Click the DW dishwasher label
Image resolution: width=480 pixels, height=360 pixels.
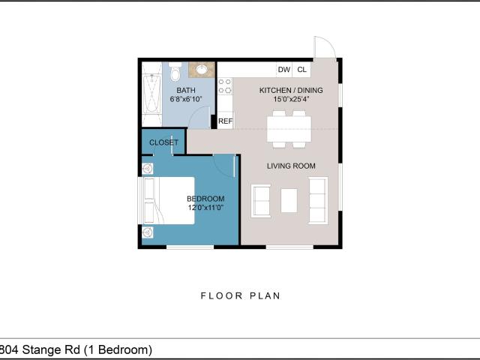tap(283, 70)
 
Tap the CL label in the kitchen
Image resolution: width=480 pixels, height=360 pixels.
tap(301, 70)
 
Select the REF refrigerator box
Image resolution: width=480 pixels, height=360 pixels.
tap(225, 121)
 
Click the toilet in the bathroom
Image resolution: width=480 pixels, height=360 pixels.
tap(175, 72)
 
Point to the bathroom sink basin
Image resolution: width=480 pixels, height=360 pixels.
tap(202, 70)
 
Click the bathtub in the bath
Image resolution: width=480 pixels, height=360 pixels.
tap(151, 94)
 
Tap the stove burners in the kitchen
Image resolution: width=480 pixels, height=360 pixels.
tap(225, 86)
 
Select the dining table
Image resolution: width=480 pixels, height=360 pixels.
tap(289, 129)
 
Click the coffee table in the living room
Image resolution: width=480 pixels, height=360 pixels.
tap(289, 200)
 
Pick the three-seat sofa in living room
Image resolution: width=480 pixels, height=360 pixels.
tap(318, 200)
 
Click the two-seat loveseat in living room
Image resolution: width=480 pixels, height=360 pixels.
tap(261, 201)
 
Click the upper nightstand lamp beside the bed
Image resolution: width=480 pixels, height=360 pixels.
tap(148, 169)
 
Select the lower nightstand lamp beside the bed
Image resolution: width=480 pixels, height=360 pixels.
tap(148, 232)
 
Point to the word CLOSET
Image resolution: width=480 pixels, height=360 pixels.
tap(163, 142)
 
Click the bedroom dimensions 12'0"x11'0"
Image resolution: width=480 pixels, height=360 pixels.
tap(205, 208)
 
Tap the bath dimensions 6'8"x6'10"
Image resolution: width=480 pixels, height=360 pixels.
tap(186, 99)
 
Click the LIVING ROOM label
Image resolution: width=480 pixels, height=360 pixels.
tap(291, 166)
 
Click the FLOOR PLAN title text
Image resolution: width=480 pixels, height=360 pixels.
tap(240, 295)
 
